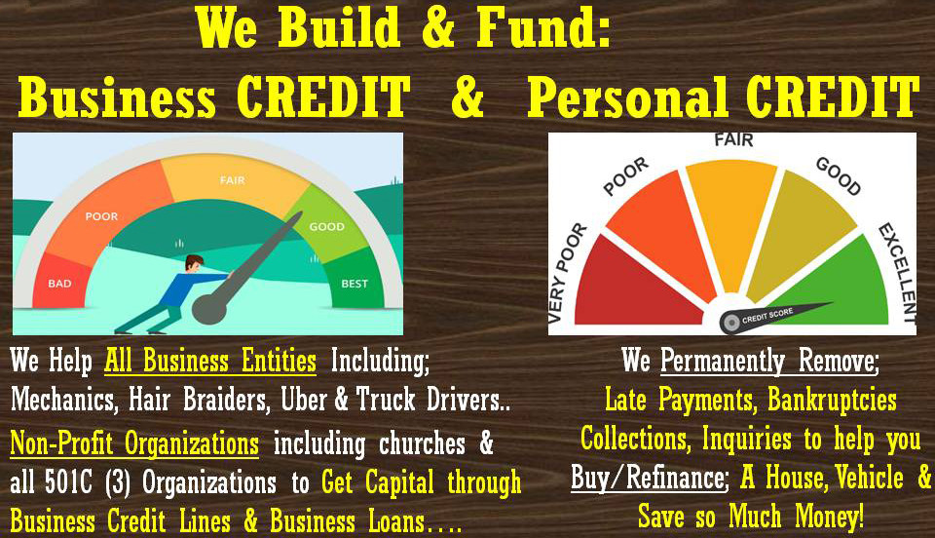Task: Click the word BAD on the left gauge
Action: click(x=59, y=284)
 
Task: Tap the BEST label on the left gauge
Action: click(x=355, y=284)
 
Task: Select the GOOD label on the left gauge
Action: click(x=327, y=227)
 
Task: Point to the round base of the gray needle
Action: click(x=210, y=307)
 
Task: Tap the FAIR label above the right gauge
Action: click(x=733, y=140)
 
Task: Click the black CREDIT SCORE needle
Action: click(x=775, y=315)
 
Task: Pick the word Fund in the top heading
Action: click(x=543, y=27)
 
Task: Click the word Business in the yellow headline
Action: click(x=116, y=97)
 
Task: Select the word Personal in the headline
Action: click(x=627, y=97)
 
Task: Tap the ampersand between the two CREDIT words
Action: click(x=467, y=97)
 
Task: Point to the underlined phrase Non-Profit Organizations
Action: click(x=134, y=443)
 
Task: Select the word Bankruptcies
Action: click(x=832, y=400)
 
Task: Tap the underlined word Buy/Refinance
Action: click(x=649, y=478)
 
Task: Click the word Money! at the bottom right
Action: click(x=830, y=516)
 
